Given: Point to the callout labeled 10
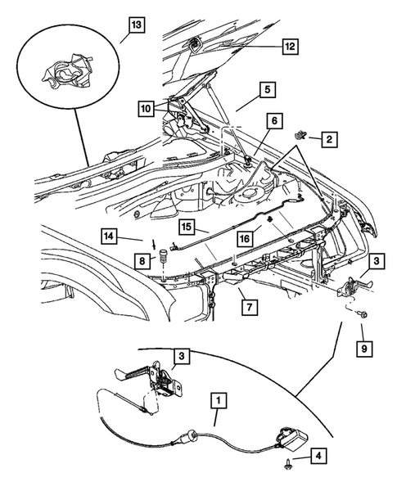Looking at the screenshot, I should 146,107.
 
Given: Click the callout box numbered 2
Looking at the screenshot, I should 327,141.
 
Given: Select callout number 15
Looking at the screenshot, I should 187,226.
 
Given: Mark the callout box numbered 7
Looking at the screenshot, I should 245,308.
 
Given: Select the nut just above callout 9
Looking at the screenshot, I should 363,315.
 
